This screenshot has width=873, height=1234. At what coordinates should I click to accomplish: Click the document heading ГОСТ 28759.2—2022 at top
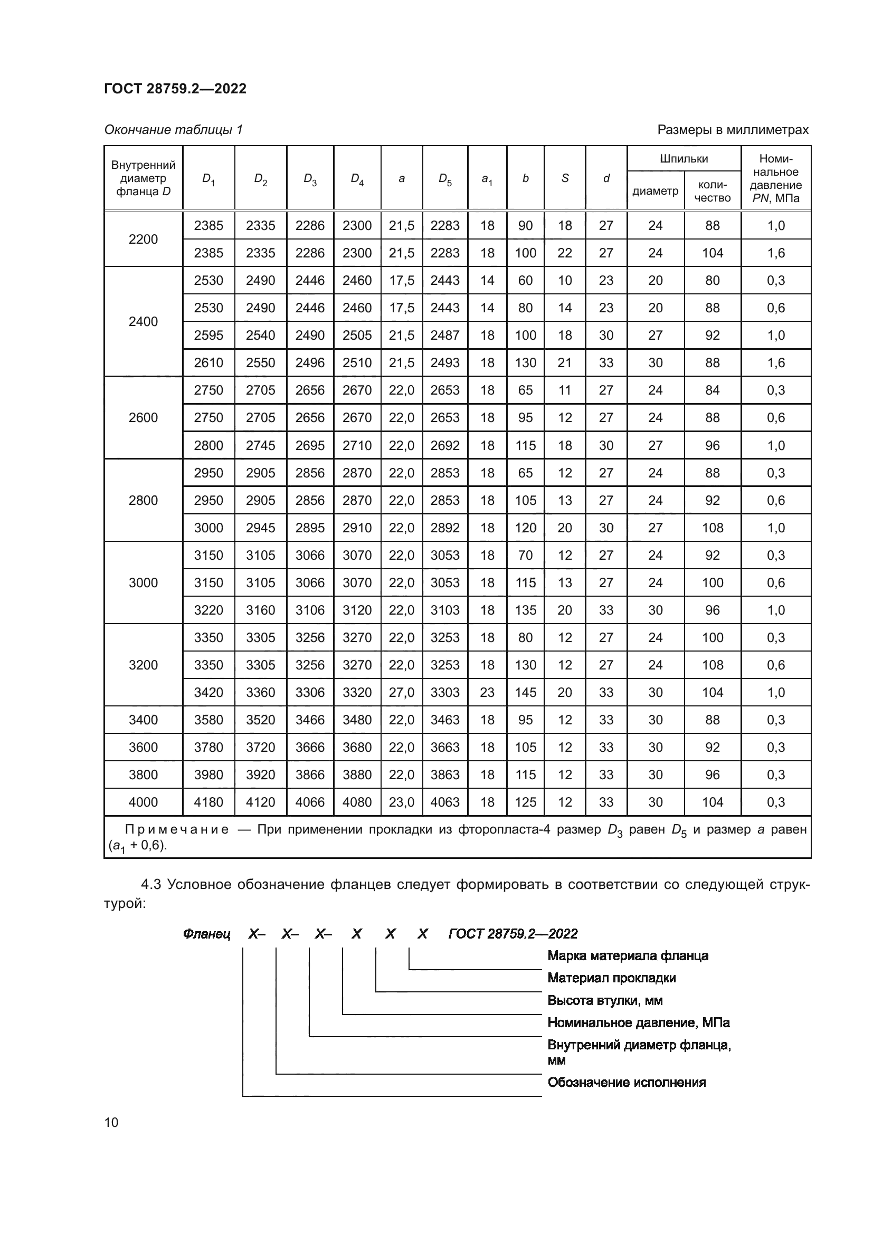[175, 89]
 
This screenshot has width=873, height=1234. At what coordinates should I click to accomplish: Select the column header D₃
[310, 178]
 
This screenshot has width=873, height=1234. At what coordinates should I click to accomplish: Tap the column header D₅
[445, 178]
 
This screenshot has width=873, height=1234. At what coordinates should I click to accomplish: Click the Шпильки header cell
[684, 159]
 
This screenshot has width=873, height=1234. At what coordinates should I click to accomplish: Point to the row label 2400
[143, 321]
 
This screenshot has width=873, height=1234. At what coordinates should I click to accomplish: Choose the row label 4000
[143, 802]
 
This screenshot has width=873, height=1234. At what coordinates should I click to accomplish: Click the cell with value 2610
[208, 363]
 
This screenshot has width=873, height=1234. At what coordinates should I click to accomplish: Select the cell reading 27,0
[402, 692]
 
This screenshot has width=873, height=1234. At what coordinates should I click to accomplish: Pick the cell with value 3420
[208, 692]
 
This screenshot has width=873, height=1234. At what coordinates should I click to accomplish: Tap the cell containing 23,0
[402, 802]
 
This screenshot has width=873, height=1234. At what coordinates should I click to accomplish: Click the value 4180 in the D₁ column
[208, 802]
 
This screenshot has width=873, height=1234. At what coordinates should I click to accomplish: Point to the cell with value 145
[525, 692]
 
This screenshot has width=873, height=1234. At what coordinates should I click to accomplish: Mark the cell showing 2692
[445, 446]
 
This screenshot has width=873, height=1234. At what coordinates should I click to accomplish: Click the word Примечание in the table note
[177, 829]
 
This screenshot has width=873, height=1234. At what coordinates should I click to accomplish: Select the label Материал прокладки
[611, 978]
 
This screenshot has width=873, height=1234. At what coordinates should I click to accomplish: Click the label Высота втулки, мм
[605, 1000]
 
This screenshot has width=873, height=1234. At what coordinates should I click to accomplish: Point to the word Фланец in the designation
[206, 934]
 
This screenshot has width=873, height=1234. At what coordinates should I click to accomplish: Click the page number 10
[111, 1122]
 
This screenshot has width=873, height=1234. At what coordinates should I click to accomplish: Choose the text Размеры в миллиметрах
[733, 130]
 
